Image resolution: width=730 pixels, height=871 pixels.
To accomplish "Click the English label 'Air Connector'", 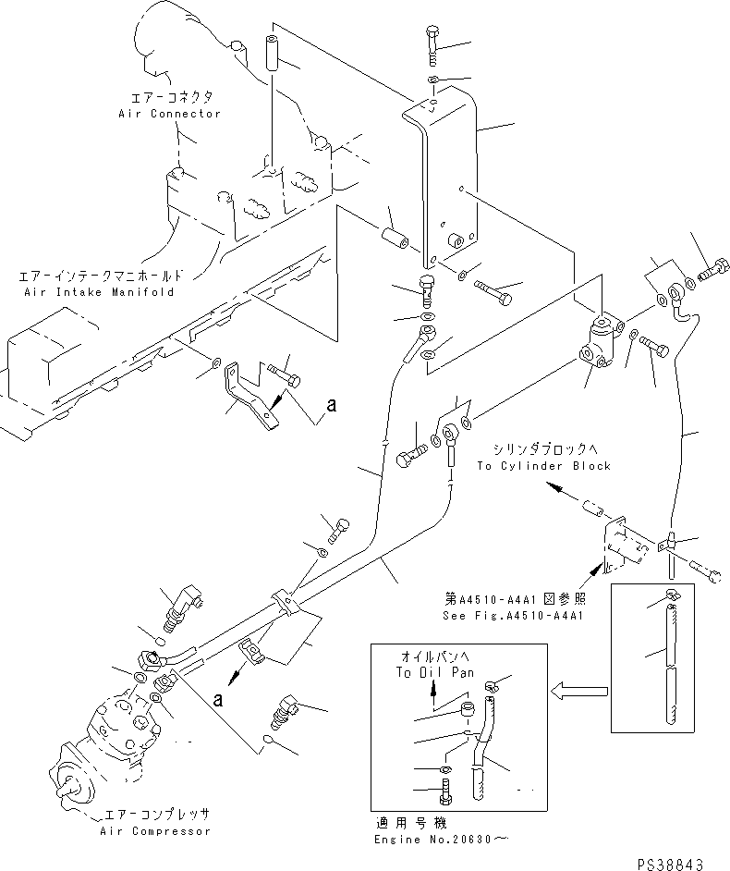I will pyautogui.click(x=169, y=114).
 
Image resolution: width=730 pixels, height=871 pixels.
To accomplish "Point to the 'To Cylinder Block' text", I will pyautogui.click(x=543, y=466).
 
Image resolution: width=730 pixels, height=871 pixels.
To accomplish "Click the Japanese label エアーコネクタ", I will pyautogui.click(x=169, y=96).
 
